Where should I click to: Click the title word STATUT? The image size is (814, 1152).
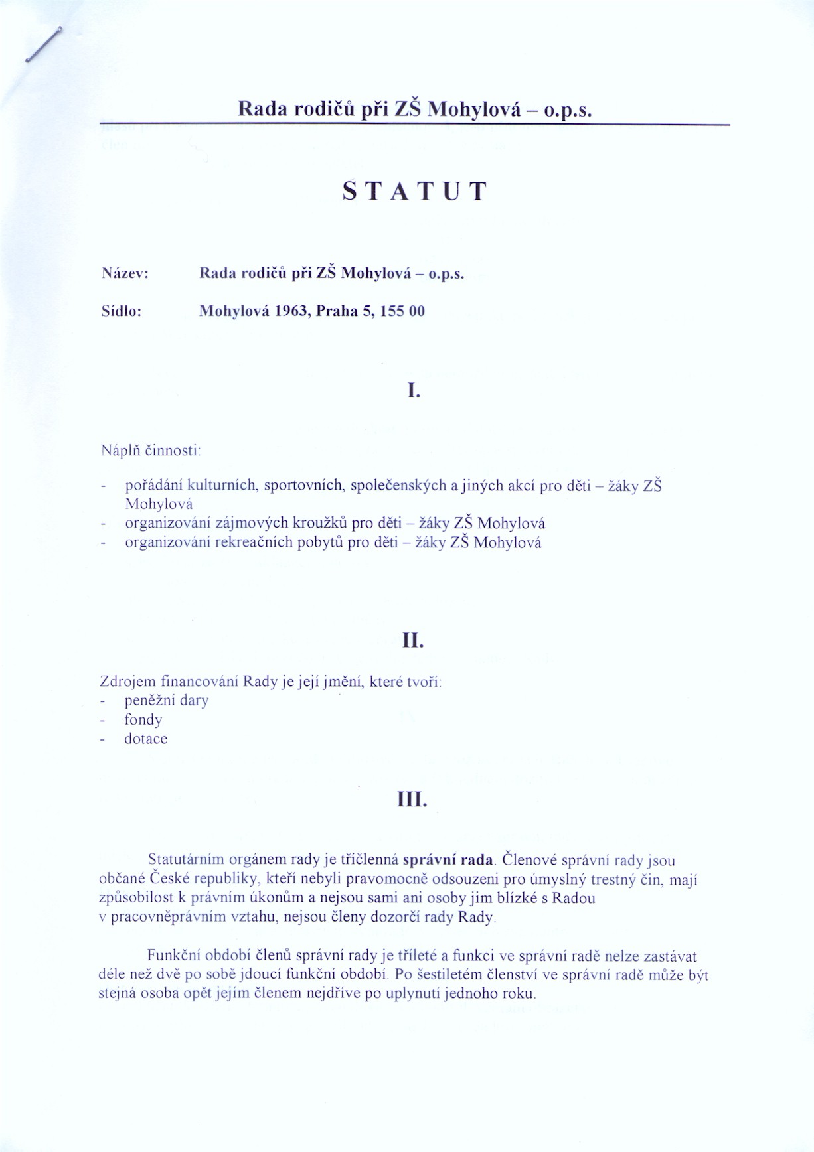[x=415, y=191]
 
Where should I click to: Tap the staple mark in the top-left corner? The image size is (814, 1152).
[x=44, y=44]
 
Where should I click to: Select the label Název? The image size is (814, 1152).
[x=125, y=273]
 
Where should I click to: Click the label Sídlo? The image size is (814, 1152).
[x=122, y=311]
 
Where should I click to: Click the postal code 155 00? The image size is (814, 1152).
[x=402, y=311]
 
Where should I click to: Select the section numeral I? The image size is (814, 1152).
[x=414, y=391]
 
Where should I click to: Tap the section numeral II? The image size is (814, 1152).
[x=413, y=640]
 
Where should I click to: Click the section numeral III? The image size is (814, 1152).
[x=412, y=800]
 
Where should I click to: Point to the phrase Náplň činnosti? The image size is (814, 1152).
[x=151, y=451]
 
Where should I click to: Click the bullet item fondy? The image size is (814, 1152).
[x=143, y=720]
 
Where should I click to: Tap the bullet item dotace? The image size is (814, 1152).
[x=145, y=739]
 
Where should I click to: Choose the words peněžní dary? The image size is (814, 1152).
[x=166, y=701]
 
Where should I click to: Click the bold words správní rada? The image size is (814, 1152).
[x=448, y=861]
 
